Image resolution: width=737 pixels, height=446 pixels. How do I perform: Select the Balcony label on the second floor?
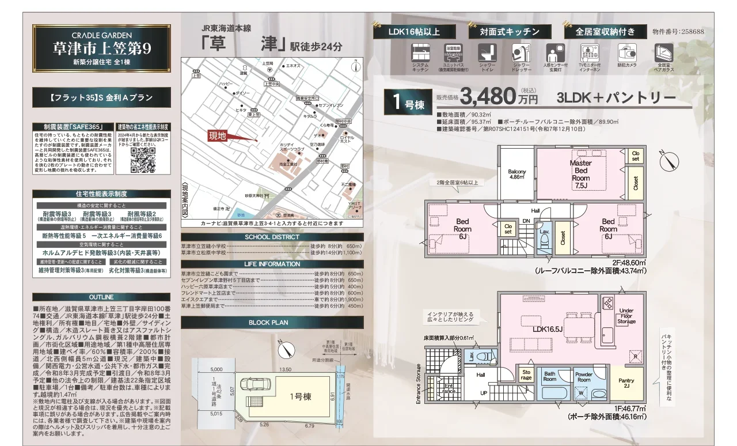coord(517,174)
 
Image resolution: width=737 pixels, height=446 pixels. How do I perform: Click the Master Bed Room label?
coord(580,174)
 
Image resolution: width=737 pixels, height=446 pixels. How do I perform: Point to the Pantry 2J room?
coord(626,383)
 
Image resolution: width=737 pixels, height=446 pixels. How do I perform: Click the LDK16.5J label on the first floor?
coord(548,330)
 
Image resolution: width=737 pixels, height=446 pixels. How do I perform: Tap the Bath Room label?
coord(550,376)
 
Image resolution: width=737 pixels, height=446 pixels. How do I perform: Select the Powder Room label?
coord(584,377)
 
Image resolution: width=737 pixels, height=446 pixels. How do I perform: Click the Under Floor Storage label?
coord(626,316)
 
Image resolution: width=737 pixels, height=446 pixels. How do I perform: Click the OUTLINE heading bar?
coord(101,297)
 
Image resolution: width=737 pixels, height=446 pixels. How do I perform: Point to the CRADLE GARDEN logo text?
coord(101,34)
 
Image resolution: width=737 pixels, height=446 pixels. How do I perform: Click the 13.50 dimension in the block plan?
coord(285,370)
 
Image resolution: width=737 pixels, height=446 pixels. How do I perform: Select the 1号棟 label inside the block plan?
coord(300,396)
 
